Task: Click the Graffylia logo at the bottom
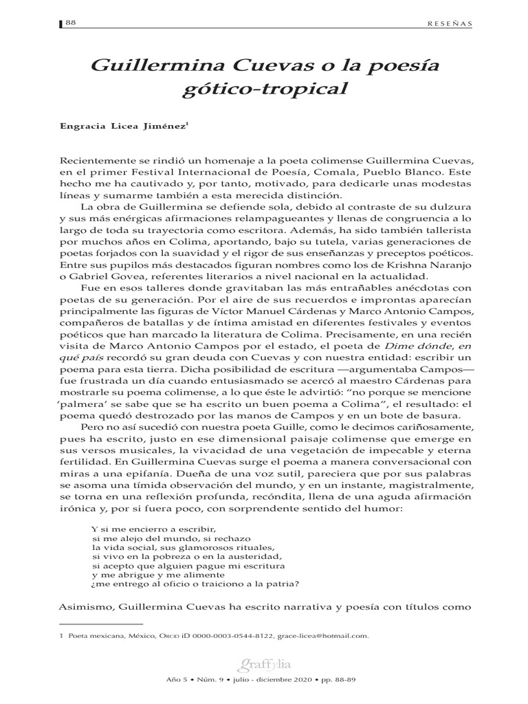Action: tap(264, 665)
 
